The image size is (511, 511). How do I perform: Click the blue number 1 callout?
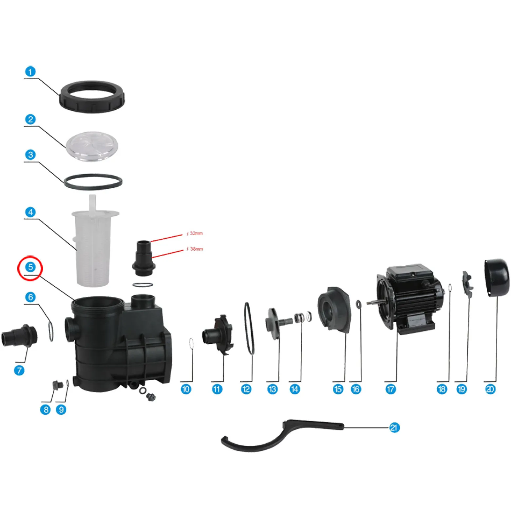point(30,71)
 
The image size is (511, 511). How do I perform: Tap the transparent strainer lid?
point(92,146)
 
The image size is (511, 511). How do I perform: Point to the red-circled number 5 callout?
point(30,267)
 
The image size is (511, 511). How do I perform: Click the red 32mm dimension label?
point(195,233)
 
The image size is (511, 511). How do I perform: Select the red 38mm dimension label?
point(195,249)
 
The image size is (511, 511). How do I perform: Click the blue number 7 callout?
point(19,370)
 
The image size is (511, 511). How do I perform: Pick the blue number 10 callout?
point(186,389)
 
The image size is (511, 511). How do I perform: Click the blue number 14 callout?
point(294,389)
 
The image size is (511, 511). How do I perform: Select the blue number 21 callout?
point(394,427)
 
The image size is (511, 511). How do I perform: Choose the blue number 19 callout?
point(462,389)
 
